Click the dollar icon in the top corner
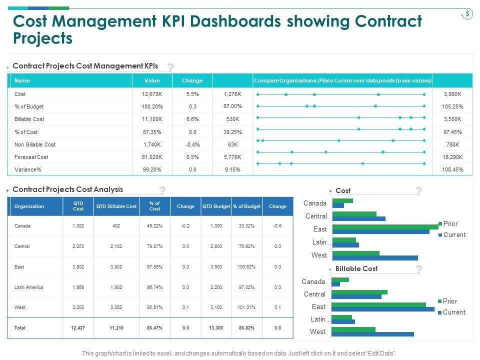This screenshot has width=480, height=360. tap(467, 14)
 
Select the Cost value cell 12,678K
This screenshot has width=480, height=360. tap(152, 94)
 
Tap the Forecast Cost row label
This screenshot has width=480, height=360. tap(31, 157)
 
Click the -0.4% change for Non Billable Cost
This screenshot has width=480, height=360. tap(192, 144)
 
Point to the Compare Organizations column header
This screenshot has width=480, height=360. tap(342, 80)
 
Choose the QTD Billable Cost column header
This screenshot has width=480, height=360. tap(116, 206)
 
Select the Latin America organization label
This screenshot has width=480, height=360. tap(28, 287)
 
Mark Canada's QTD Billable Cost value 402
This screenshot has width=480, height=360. tap(116, 226)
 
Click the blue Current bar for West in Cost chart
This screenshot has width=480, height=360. tap(374, 258)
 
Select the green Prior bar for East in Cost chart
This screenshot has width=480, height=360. tap(385, 226)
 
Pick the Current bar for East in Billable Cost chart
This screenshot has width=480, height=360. tap(383, 309)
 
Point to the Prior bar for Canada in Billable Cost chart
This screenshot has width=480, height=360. tap(340, 279)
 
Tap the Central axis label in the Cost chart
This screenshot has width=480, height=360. tap(315, 216)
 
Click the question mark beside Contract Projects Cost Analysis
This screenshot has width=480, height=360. tap(162, 190)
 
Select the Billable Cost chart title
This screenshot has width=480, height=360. tap(356, 268)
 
